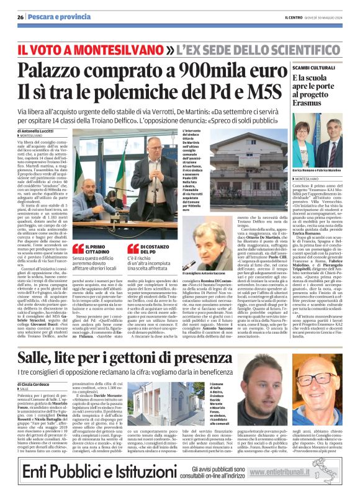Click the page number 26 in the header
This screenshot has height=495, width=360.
coord(20,17)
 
